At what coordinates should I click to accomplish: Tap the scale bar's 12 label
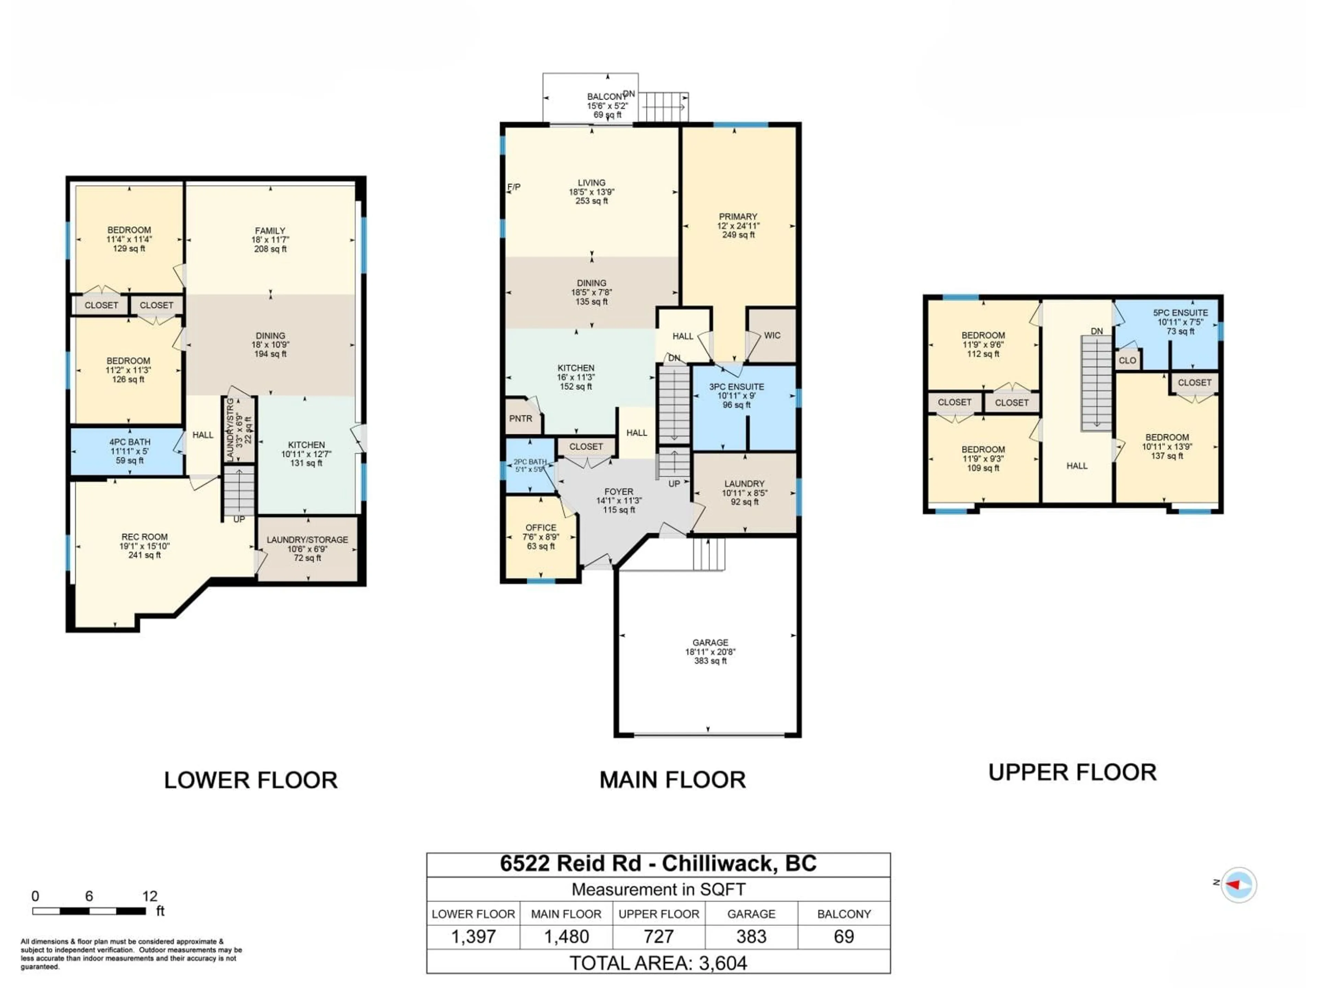[x=150, y=896]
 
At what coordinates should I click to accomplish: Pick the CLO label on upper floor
[x=1127, y=360]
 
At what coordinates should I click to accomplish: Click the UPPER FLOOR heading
[x=1072, y=773]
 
